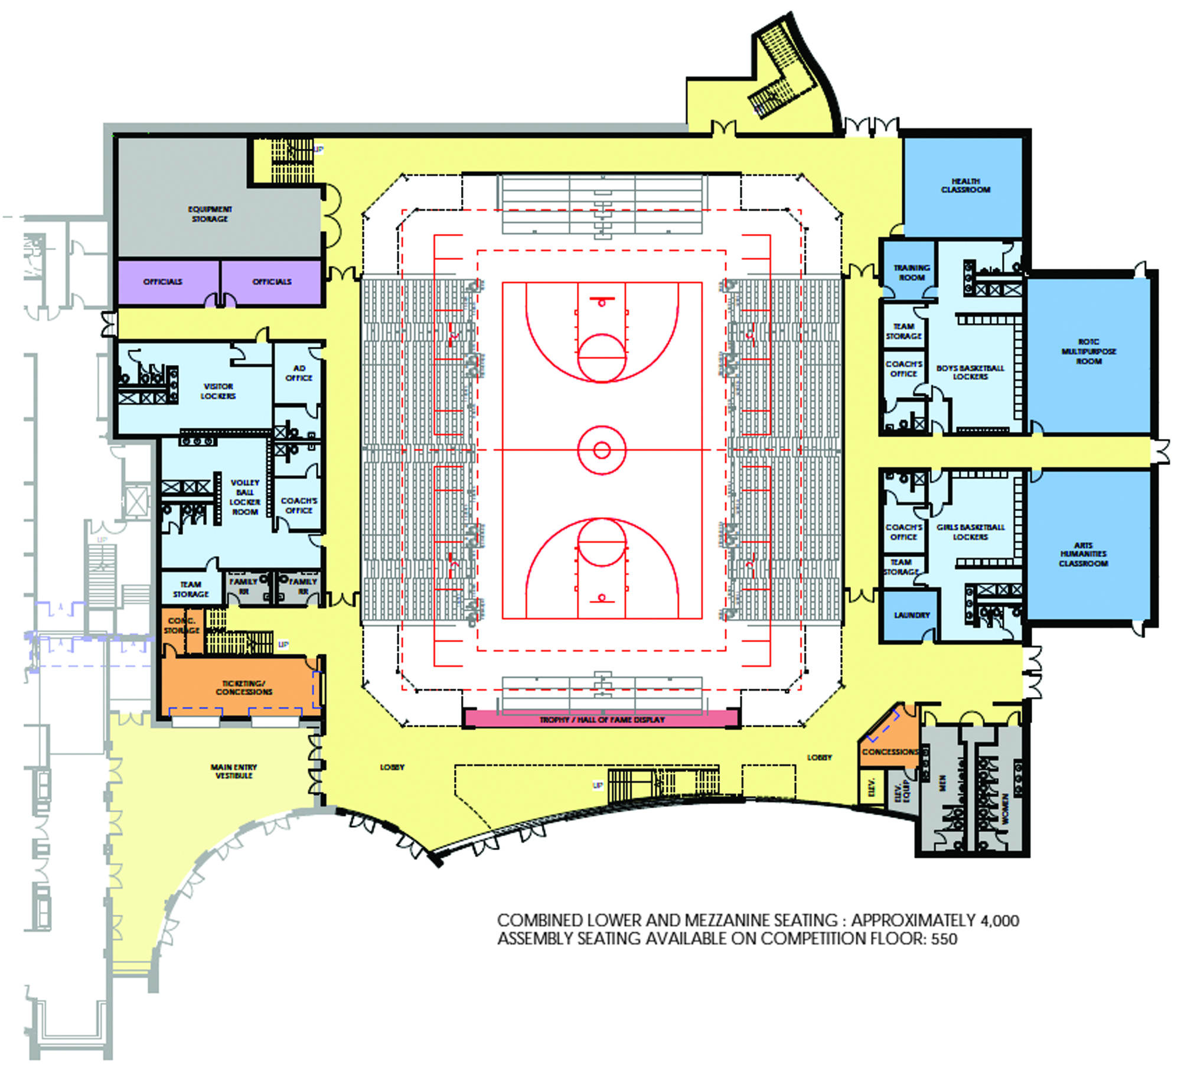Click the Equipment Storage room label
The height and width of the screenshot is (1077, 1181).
210,214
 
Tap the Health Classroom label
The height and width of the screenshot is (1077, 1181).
965,186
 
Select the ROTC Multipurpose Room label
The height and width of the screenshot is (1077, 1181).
1089,352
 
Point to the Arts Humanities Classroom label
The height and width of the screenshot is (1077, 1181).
1083,554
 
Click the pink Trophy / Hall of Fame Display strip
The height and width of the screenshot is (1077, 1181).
602,720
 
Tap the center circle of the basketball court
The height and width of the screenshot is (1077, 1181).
602,450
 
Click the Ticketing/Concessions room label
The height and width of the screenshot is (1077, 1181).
244,688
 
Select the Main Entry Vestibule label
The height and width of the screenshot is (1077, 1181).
234,771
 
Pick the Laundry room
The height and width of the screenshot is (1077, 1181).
912,615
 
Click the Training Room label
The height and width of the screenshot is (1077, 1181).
912,272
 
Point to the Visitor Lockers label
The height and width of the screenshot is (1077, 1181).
218,391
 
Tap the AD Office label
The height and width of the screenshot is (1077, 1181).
299,373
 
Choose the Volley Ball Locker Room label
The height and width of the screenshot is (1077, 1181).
244,497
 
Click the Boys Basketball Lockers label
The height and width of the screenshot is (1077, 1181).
970,372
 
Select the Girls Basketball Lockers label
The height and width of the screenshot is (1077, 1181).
970,532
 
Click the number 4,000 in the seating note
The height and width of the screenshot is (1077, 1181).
1000,920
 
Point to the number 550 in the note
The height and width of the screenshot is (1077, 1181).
944,939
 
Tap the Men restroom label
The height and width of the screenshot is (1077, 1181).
942,783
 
